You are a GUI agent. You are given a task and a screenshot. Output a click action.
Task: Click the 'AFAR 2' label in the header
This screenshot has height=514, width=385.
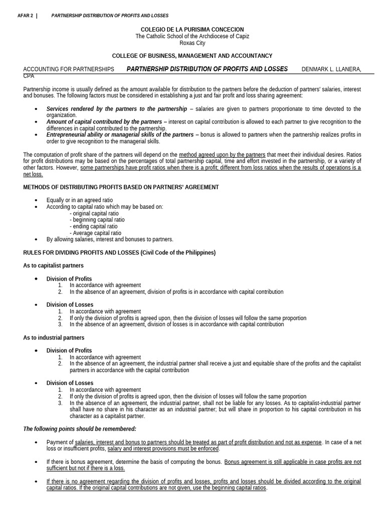[x=25, y=16]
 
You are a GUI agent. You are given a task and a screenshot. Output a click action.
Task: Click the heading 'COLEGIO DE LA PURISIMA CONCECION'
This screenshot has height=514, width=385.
[x=192, y=30]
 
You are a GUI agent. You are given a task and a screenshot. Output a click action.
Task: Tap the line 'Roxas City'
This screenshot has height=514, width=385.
[x=192, y=43]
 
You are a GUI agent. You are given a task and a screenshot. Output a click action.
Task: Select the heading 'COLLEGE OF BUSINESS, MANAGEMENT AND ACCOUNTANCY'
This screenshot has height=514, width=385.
[x=192, y=56]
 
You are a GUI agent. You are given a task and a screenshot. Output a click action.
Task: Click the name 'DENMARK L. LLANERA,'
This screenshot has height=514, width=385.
[x=331, y=69]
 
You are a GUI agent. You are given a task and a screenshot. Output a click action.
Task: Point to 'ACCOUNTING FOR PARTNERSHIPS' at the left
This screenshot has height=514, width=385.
[x=69, y=69]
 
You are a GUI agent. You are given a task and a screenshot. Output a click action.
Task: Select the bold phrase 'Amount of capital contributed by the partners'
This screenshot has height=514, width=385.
[x=104, y=122]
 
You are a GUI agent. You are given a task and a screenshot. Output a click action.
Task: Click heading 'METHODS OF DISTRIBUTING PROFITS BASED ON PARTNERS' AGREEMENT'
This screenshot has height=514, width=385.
[x=121, y=187]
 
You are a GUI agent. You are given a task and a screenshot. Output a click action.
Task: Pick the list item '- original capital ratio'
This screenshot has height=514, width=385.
[x=95, y=213]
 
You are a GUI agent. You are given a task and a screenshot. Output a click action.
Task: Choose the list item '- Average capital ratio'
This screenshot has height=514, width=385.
[x=95, y=233]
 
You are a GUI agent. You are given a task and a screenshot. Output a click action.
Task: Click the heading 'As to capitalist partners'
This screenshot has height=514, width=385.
[x=54, y=266]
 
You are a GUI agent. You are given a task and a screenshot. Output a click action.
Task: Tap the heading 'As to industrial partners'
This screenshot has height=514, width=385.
[x=54, y=338]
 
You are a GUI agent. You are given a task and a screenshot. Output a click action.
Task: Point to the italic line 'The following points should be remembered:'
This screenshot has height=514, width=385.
[x=80, y=429]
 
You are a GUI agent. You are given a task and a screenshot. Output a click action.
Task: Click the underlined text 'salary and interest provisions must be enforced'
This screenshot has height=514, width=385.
[x=163, y=449]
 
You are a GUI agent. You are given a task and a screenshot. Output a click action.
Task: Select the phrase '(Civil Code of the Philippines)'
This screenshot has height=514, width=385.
[x=178, y=252]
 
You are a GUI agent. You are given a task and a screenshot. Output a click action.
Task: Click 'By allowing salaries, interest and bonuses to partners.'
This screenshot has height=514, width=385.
[x=110, y=239]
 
